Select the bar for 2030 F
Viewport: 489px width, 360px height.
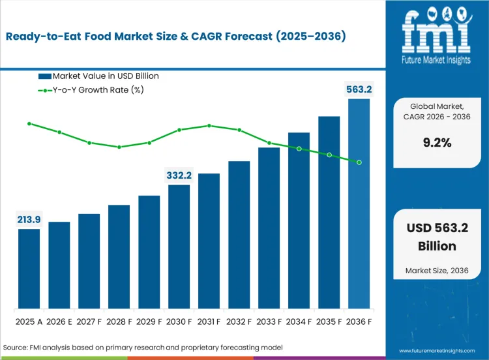coord(179,247)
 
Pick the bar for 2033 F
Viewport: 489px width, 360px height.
coord(269,228)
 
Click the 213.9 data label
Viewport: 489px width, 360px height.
coord(29,219)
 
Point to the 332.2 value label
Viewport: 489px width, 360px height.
coord(179,175)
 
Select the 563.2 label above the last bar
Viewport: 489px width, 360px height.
coord(359,89)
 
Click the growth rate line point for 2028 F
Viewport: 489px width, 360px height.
coord(119,147)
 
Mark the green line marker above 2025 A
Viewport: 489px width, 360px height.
coord(29,123)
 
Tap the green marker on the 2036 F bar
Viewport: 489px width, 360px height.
coord(359,162)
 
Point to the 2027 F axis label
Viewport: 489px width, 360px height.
coord(89,322)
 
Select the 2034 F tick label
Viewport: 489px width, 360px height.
coord(299,322)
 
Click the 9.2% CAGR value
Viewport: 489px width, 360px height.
coord(437,143)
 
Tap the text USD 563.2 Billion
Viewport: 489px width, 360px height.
coord(437,236)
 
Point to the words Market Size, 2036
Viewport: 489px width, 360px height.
coord(437,270)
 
